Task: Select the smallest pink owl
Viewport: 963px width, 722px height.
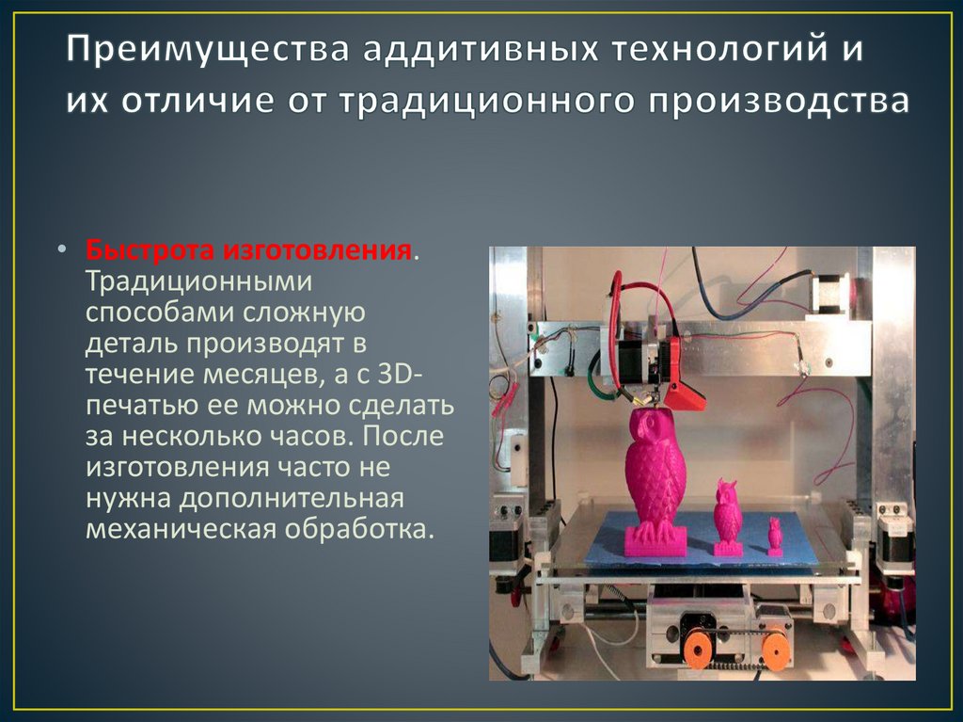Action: (775, 535)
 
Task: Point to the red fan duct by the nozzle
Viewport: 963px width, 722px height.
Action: (690, 396)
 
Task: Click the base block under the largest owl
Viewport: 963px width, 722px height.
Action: (655, 540)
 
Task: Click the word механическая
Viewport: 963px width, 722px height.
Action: (180, 529)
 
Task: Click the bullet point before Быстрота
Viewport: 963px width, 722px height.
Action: (61, 252)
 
